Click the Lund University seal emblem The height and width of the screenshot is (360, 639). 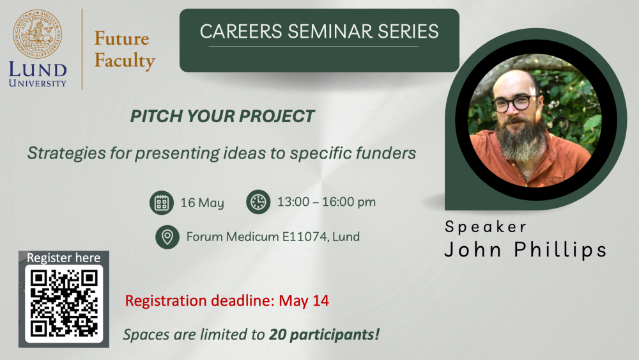[38, 35]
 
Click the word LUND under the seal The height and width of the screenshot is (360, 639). [38, 70]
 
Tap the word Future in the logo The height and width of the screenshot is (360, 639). [122, 38]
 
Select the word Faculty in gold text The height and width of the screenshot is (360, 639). [125, 60]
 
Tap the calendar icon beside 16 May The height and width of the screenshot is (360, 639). [162, 202]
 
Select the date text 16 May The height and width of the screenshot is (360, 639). [202, 203]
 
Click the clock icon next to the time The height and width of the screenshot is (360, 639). [258, 202]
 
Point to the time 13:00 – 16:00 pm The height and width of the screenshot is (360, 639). [327, 202]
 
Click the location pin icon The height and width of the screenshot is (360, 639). [167, 237]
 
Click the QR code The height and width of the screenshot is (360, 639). [64, 304]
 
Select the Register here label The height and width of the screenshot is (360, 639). [63, 258]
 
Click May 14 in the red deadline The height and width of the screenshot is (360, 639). [304, 301]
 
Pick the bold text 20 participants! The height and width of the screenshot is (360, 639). [325, 334]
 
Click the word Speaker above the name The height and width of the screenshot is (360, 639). [486, 227]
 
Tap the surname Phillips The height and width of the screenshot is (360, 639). [560, 249]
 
